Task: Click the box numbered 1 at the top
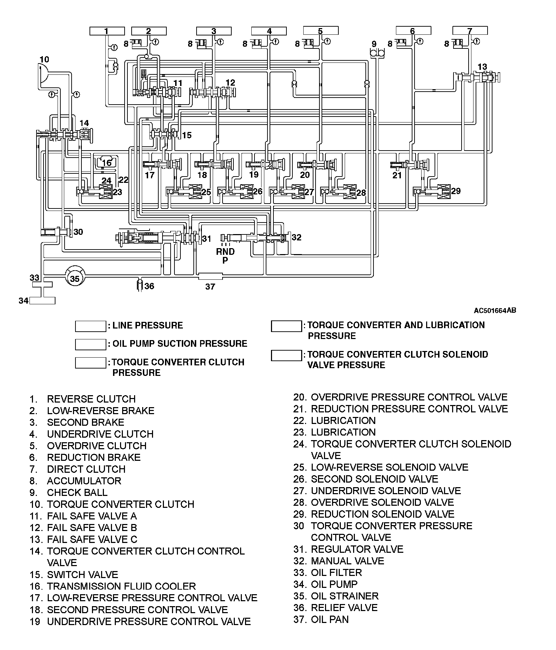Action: coord(107,31)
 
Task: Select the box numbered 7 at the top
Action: coord(470,31)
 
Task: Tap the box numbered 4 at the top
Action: coord(269,31)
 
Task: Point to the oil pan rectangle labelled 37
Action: coord(210,276)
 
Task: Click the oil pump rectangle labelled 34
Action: coord(42,300)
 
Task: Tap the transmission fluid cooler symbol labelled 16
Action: coord(106,162)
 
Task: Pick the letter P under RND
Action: coord(225,260)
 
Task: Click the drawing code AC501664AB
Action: coord(495,310)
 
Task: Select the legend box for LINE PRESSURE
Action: coord(90,326)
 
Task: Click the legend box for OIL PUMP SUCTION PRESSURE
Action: coord(90,344)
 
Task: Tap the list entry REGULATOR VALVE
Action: coord(357,549)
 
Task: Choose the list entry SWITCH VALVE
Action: coord(82,575)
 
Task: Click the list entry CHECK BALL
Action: coord(77,492)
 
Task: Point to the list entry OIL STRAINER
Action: coord(344,596)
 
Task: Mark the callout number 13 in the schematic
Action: coord(482,67)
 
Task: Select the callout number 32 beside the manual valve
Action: coord(296,238)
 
